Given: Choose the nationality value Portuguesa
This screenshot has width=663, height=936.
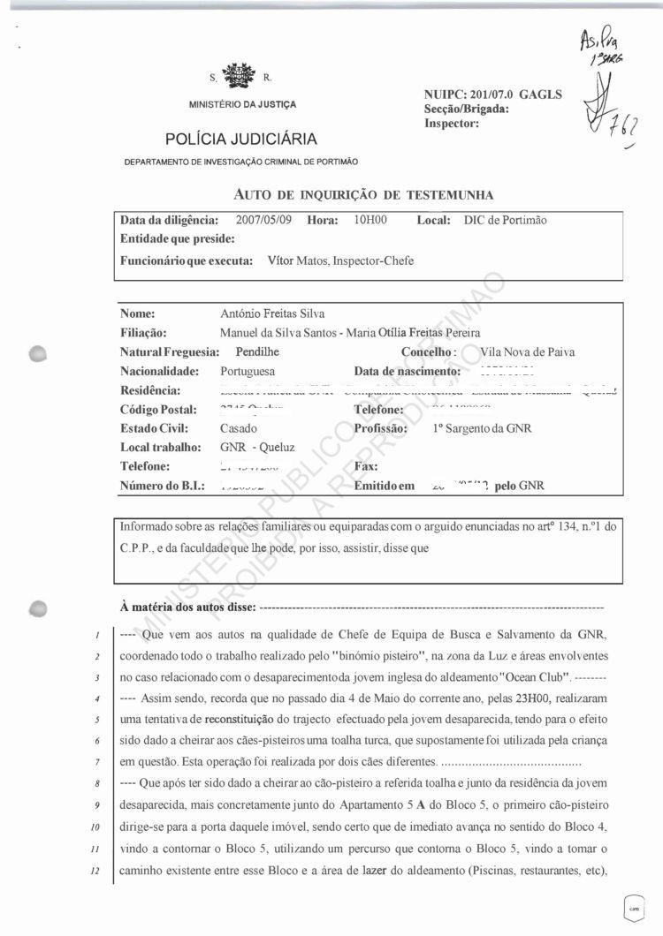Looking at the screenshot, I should (x=248, y=371).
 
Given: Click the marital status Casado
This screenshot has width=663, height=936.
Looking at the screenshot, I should (x=239, y=428).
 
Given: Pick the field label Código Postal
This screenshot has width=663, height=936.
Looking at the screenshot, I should (x=157, y=410).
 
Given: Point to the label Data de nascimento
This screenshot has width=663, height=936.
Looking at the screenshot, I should (x=408, y=371).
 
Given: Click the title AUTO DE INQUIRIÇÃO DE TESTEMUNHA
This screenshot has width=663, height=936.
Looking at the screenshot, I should (x=363, y=194).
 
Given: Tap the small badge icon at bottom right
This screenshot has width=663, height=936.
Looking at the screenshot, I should (x=632, y=906).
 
